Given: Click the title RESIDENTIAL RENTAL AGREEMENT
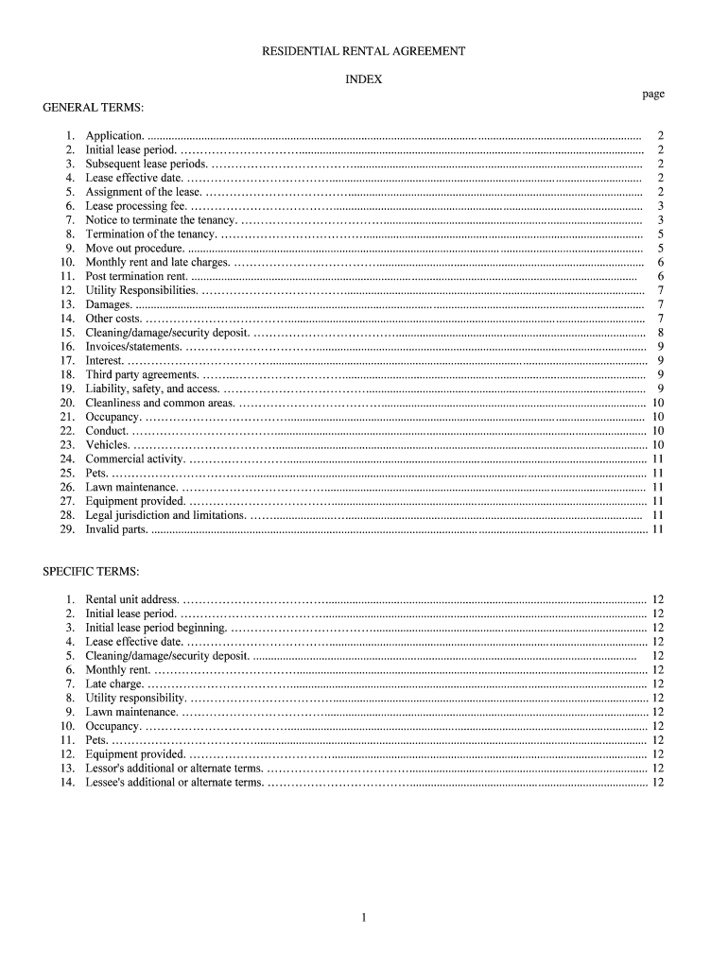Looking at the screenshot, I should tap(364, 51).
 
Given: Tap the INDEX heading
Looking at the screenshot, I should tap(364, 79).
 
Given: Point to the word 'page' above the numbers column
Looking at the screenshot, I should tap(653, 94).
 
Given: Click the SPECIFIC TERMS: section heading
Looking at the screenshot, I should tap(91, 572).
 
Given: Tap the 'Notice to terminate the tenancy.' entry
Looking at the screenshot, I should tap(161, 220).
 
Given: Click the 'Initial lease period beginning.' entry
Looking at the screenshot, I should tap(156, 628).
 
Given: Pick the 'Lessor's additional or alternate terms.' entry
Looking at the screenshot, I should tap(174, 769).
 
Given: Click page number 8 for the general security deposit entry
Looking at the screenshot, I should tap(660, 333).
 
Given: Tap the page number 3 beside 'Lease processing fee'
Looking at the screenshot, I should tap(660, 206).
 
